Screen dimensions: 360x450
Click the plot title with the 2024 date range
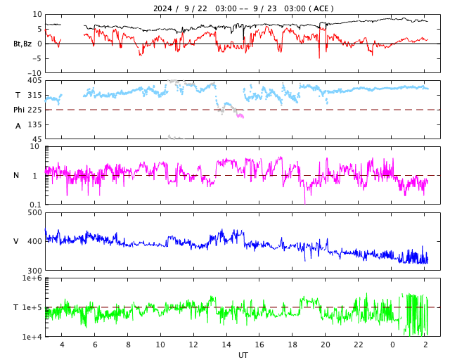point(243,8)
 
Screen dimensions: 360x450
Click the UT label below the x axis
point(243,355)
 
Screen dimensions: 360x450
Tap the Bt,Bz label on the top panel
point(22,44)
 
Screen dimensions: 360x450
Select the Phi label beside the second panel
point(20,110)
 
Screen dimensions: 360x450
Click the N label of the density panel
point(16,175)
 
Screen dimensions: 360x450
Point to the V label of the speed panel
point(16,241)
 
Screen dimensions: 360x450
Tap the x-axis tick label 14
point(226,345)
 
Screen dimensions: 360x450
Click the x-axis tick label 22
point(359,345)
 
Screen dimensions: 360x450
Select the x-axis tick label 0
point(392,345)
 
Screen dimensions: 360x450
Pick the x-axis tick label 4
point(61,345)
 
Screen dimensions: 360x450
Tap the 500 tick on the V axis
point(34,212)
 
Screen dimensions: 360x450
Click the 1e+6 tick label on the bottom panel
point(32,278)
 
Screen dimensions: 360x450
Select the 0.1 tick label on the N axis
point(34,205)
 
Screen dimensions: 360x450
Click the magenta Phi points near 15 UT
point(240,115)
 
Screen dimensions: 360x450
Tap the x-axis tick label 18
point(292,345)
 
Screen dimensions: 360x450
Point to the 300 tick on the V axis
point(34,271)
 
